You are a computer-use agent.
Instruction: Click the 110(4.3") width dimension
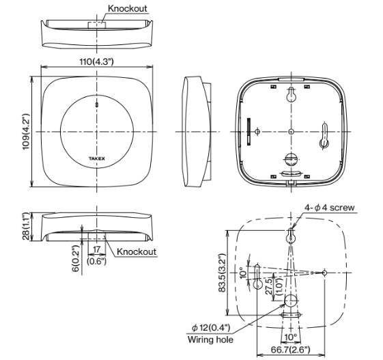point(96,61)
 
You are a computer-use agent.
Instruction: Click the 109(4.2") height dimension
point(26,131)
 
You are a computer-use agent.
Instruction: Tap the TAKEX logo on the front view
point(97,158)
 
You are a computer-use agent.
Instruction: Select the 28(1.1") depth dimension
point(26,226)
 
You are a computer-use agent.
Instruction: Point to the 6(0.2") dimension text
point(76,258)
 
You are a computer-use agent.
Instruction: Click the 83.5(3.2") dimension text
point(222,273)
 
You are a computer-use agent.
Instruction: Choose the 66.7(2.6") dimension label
point(290,350)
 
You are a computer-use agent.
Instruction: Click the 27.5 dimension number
point(269,286)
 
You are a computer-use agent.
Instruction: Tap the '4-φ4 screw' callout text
point(329,208)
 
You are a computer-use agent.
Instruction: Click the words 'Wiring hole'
point(210,340)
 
